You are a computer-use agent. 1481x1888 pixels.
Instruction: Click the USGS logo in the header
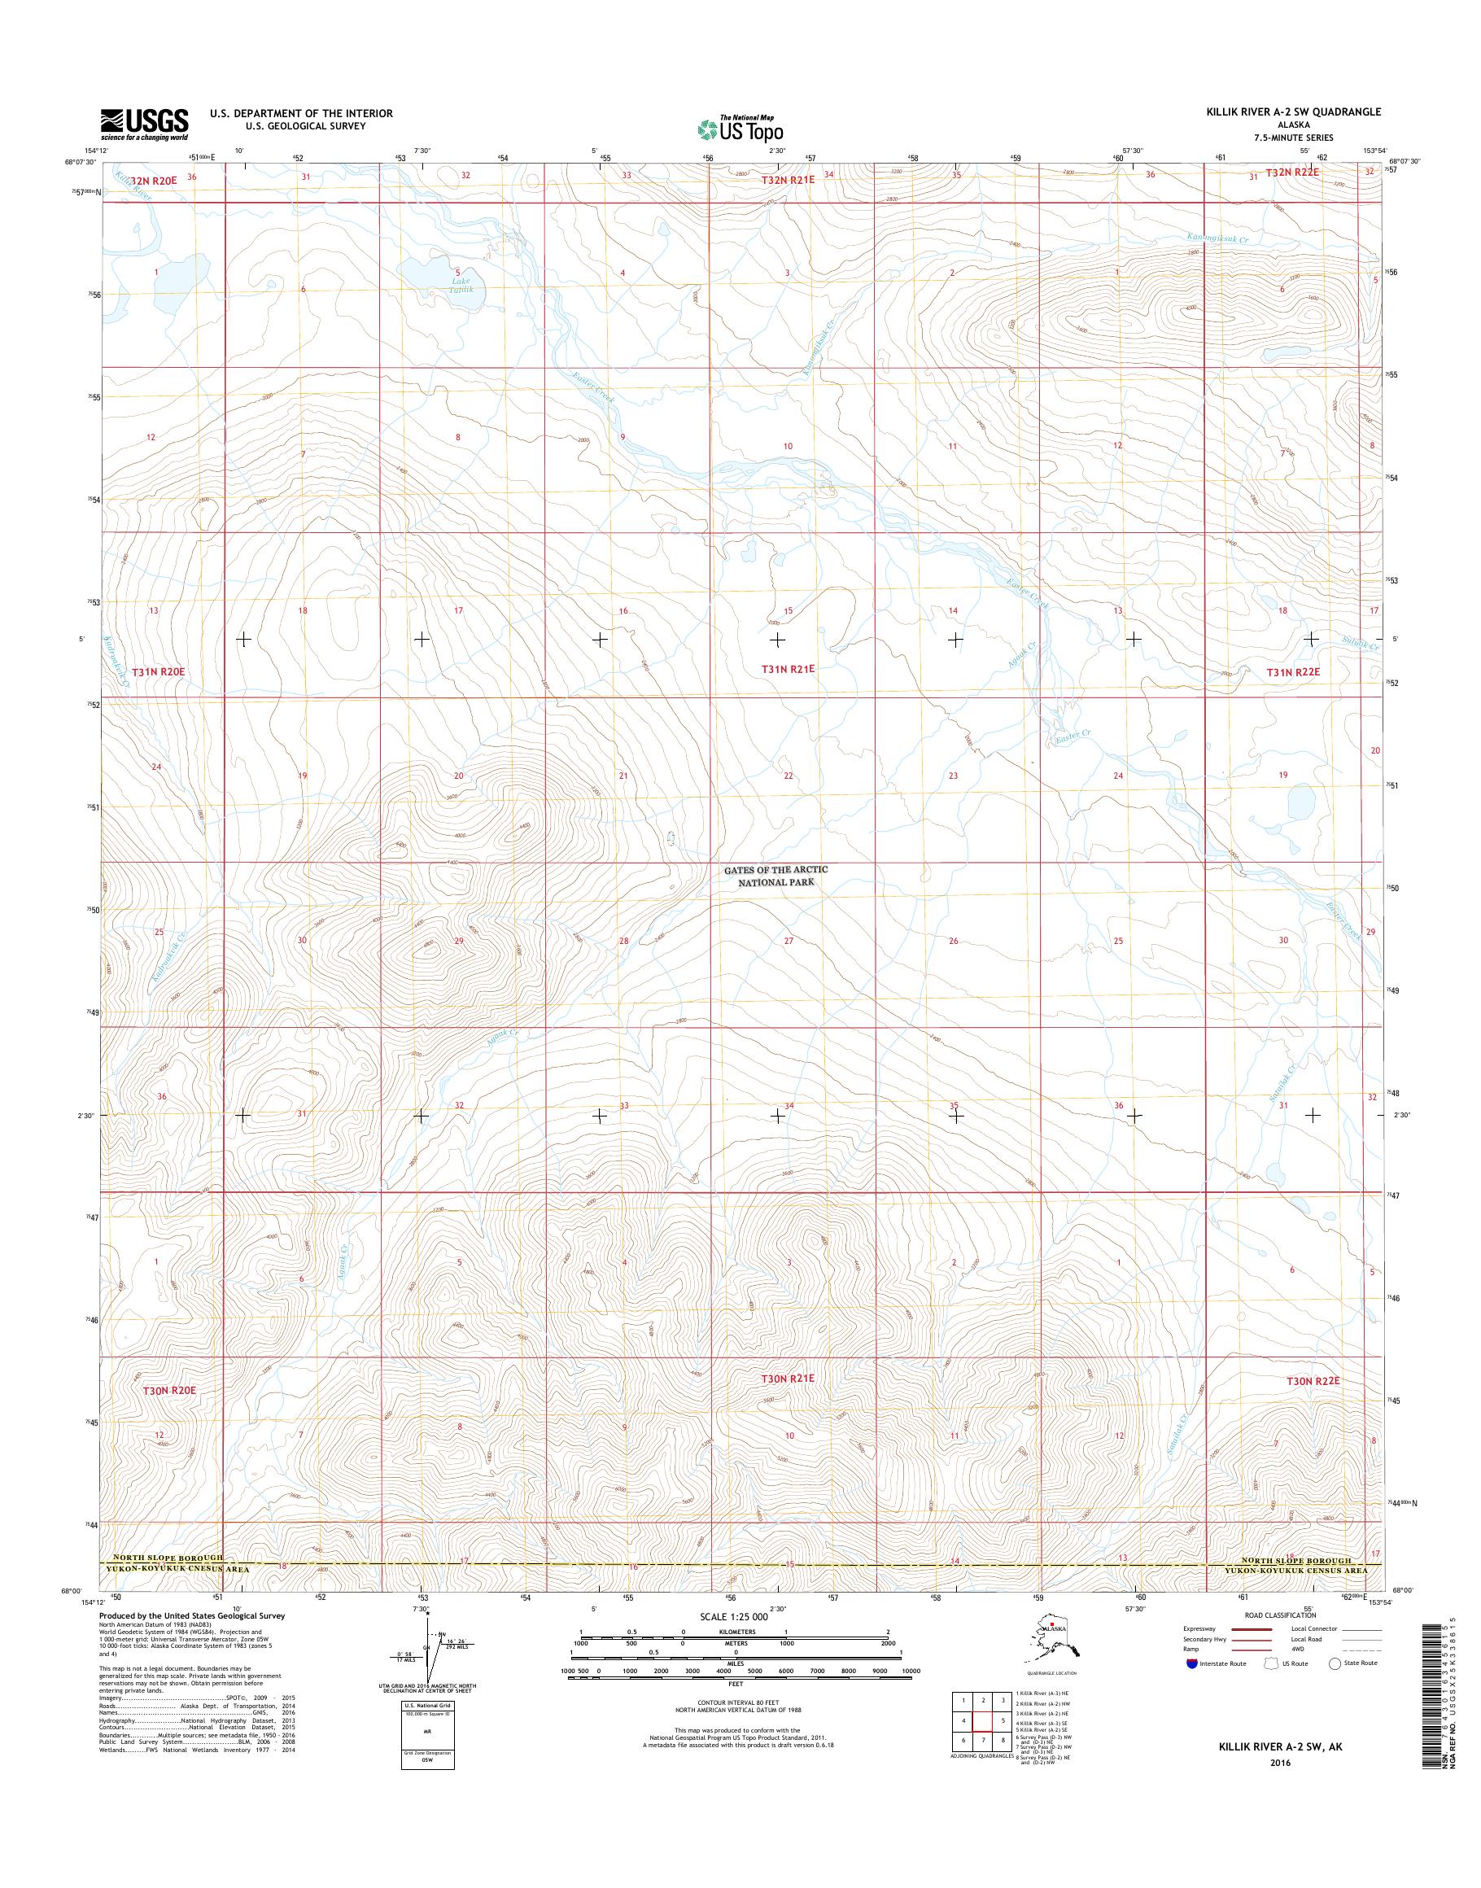144,124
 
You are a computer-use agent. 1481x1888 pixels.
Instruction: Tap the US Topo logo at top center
740,129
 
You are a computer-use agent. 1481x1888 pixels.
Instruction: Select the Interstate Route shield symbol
1193,1663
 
